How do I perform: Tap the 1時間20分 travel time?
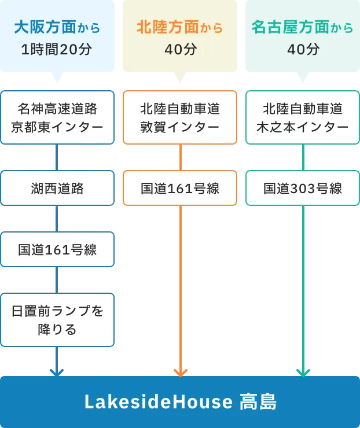click(x=57, y=49)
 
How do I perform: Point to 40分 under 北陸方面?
click(x=180, y=49)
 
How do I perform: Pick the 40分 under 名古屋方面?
click(x=303, y=49)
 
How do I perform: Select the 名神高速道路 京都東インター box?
click(x=57, y=117)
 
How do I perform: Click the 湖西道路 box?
click(x=57, y=188)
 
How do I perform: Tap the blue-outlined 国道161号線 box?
click(x=57, y=250)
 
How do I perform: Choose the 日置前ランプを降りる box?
click(x=57, y=320)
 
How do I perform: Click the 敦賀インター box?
click(x=180, y=117)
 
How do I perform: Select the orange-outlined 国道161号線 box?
click(x=180, y=188)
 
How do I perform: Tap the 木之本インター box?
click(x=303, y=117)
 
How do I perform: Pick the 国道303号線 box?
click(x=303, y=188)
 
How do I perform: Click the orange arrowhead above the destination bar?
click(x=180, y=371)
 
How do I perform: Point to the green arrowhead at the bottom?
click(x=303, y=371)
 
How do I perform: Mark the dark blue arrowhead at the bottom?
click(x=56, y=371)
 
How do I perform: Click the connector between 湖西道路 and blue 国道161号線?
click(x=57, y=219)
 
